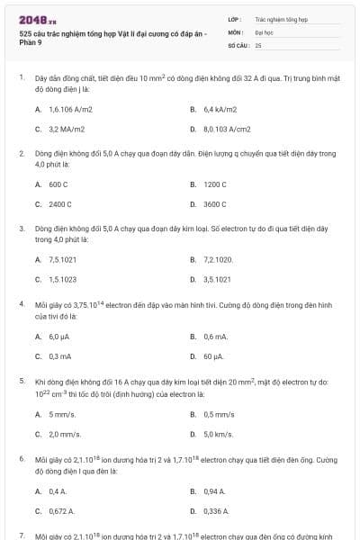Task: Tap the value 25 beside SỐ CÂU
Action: (258, 44)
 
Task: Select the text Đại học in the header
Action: (263, 31)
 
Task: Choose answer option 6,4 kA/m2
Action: (220, 109)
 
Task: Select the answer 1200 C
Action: (215, 184)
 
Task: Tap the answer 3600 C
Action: (215, 204)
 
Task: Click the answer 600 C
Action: (58, 184)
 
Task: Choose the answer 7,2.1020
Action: (219, 259)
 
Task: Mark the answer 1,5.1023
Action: (63, 279)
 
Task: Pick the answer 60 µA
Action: (214, 355)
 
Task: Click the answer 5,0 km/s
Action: (219, 434)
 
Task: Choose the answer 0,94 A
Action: (214, 491)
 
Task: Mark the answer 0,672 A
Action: (62, 511)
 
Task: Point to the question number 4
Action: (21, 304)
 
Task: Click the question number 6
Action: (21, 458)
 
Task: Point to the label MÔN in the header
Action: (236, 31)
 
